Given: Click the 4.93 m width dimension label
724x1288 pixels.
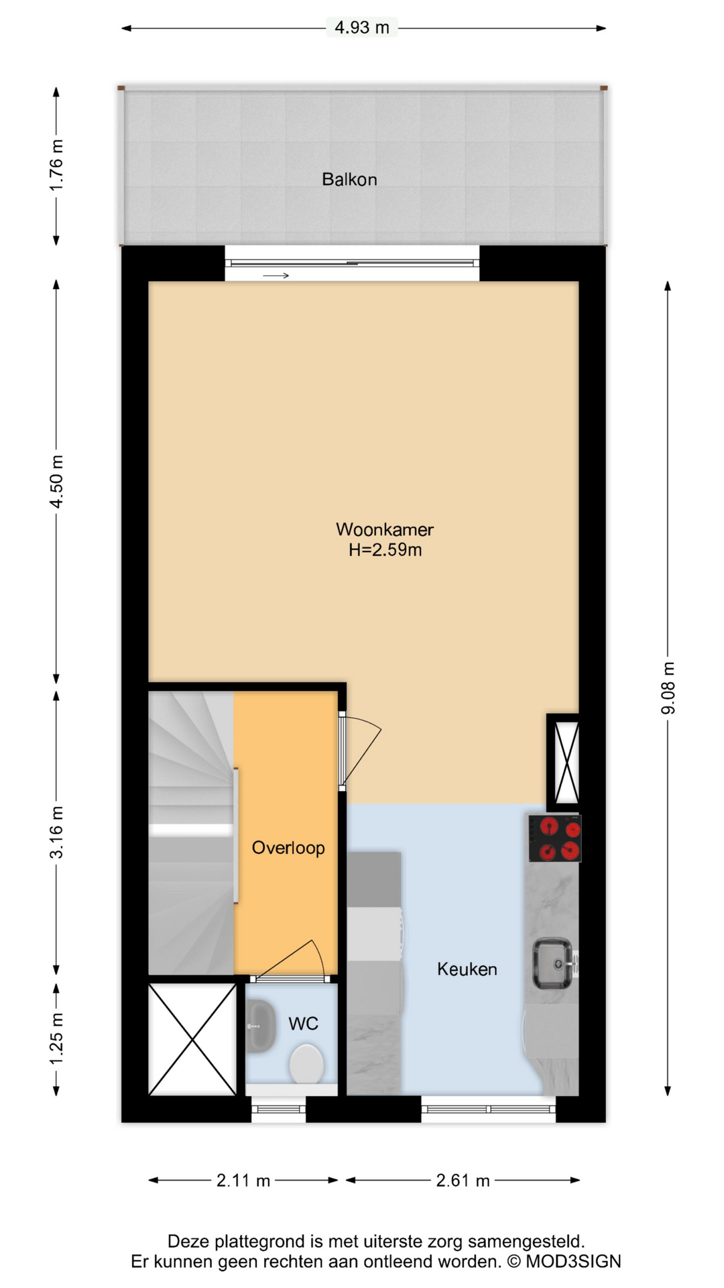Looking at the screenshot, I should (362, 28).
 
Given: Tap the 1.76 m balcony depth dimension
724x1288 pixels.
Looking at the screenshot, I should (57, 165).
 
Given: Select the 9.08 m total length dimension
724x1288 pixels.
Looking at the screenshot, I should (668, 688).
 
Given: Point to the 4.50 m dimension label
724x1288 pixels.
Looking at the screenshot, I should (57, 481).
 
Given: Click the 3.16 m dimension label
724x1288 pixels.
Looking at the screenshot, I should (57, 832).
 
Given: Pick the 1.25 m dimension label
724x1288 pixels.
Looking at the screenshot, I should (57, 1038).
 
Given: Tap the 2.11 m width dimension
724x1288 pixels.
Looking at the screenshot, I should (243, 1180).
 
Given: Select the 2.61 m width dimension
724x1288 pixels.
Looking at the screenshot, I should (463, 1180).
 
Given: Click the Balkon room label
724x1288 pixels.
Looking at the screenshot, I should (349, 179).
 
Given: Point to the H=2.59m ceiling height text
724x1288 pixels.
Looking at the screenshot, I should (385, 550).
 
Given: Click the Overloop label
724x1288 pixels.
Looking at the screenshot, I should (288, 847).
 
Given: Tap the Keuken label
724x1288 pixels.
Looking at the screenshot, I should (467, 969).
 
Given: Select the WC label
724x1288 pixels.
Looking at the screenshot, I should (303, 1023).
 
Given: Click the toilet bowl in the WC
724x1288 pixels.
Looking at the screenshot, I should (306, 1063).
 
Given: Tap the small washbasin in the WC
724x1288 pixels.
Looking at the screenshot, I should (261, 1025).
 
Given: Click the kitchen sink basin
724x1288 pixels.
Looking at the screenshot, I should (552, 963).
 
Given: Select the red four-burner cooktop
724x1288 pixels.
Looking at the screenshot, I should (554, 838).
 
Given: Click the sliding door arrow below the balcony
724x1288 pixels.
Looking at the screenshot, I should (276, 275).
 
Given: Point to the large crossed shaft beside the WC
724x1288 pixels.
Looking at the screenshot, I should (192, 1039).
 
